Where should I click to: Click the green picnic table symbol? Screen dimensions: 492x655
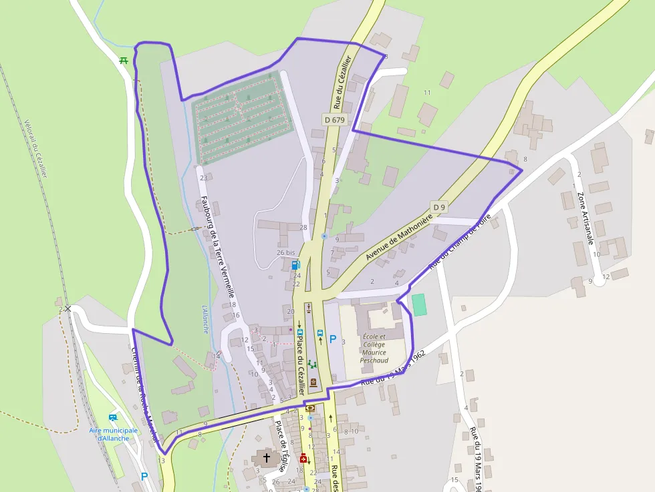[124, 60]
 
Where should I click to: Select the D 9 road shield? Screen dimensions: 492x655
[438, 208]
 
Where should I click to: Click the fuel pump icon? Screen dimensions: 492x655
[296, 265]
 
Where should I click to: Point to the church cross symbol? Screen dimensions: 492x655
[267, 458]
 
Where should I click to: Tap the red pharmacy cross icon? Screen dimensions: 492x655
[303, 458]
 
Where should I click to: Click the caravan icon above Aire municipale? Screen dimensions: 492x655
[113, 418]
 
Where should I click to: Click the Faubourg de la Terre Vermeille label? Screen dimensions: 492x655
[218, 245]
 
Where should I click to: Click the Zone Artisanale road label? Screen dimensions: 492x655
[585, 219]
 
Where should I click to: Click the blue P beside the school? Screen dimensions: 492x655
[333, 339]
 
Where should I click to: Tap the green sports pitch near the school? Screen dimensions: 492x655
[418, 305]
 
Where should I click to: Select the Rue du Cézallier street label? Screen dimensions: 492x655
[343, 83]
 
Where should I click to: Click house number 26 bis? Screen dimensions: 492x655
[285, 252]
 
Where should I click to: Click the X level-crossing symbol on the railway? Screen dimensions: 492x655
[68, 308]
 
